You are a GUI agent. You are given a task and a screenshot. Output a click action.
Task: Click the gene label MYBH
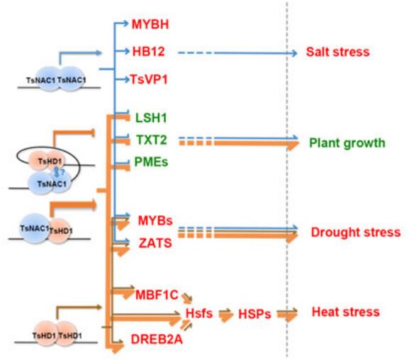pos(150,24)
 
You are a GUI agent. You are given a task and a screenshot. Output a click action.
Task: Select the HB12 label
pos(149,52)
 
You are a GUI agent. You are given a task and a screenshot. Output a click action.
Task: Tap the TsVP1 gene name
pos(149,79)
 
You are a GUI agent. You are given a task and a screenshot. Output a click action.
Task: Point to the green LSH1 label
pos(151,118)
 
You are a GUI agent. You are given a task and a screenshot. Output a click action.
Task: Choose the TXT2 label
pos(152,140)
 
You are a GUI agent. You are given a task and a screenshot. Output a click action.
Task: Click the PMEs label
pos(151,162)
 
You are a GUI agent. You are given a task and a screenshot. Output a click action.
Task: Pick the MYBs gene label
pos(155,220)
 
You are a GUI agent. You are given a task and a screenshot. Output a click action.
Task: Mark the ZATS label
pos(155,243)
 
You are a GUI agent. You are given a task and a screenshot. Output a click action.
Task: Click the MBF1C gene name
pos(157,295)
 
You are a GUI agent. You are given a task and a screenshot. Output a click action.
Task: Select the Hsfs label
pos(199,313)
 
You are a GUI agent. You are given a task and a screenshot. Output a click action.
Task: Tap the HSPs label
pos(254,314)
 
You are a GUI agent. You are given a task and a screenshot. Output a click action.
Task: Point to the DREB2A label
pos(157,339)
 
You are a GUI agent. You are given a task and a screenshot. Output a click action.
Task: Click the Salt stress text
pos(338,52)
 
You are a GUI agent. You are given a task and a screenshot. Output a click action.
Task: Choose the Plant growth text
pos(347,143)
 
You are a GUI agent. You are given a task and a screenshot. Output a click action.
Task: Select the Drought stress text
pos(356,232)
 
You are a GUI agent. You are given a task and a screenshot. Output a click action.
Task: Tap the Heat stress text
pos(346,312)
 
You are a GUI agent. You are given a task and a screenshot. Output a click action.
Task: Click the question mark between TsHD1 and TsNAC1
pos(62,172)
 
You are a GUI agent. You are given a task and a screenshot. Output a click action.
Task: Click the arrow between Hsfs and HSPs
pos(225,315)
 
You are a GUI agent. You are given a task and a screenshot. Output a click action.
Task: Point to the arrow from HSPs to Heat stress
pos(287,315)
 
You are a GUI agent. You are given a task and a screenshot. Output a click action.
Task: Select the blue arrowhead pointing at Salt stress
pos(294,53)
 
